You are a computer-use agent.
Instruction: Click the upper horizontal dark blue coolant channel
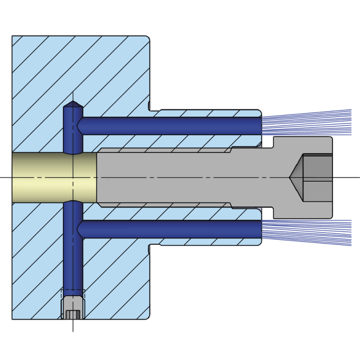click(171, 126)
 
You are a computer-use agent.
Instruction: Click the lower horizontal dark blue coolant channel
click(171, 229)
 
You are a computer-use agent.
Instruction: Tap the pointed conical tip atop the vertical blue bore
click(72, 106)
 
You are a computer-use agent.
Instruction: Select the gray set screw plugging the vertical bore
click(72, 308)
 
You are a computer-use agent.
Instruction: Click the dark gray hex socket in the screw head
click(317, 177)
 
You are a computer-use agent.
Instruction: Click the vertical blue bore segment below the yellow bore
click(72, 252)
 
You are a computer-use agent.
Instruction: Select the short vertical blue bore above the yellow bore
click(72, 135)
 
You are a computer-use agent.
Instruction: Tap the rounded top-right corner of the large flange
click(148, 38)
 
